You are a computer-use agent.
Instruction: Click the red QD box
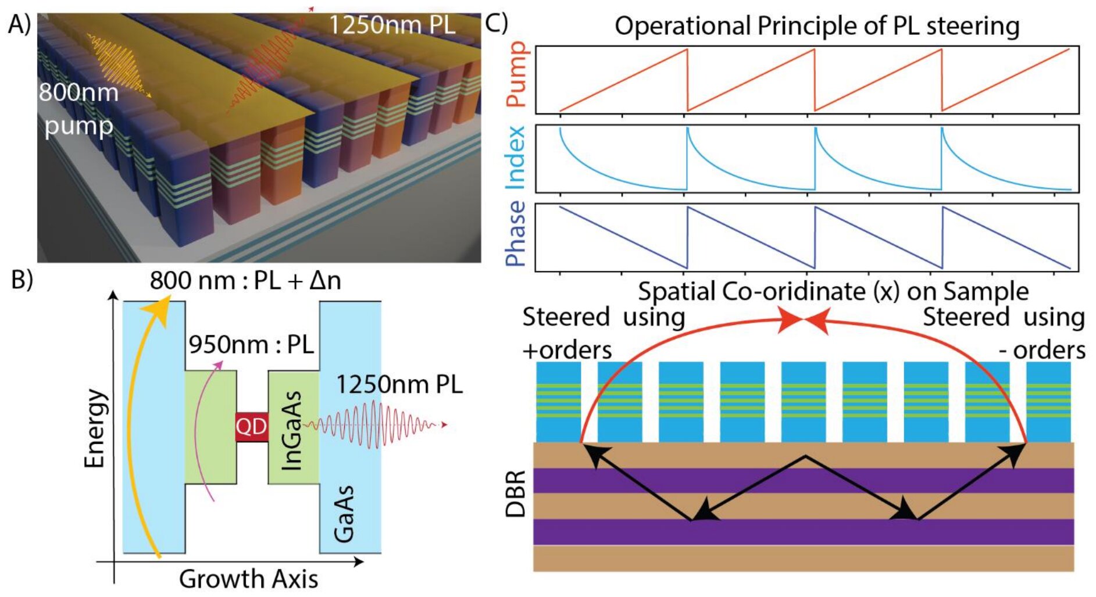click(251, 427)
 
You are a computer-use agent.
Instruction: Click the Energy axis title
click(95, 428)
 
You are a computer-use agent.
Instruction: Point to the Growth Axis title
click(248, 578)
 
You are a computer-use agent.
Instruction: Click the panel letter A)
click(19, 24)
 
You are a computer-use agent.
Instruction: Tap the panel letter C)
click(496, 23)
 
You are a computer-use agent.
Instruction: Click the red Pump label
click(516, 74)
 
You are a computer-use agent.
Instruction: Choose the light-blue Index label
click(516, 158)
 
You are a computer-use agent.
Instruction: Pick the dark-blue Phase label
click(516, 233)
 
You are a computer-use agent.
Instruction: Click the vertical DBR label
click(516, 494)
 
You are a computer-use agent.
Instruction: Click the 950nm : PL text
click(251, 344)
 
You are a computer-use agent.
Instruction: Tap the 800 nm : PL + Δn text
click(245, 280)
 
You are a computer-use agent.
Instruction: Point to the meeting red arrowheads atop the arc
click(803, 320)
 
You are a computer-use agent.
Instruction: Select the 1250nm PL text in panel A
click(392, 25)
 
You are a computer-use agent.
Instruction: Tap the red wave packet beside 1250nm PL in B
click(372, 425)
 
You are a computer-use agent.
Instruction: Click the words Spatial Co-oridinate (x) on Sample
click(833, 291)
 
